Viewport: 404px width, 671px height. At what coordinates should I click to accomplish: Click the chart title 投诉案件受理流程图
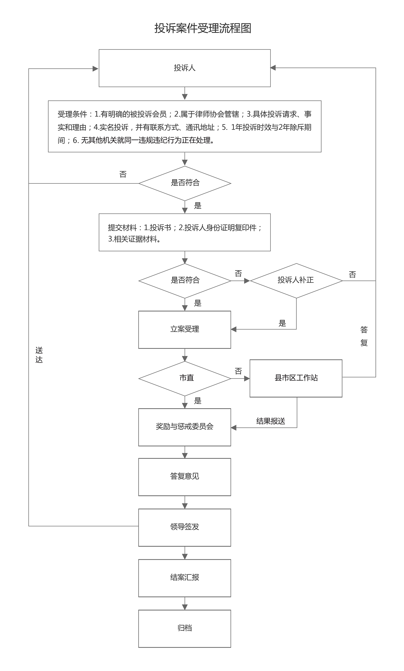(203, 28)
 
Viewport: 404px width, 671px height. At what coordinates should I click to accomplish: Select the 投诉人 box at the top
(185, 68)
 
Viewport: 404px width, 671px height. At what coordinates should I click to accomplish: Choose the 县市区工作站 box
(296, 378)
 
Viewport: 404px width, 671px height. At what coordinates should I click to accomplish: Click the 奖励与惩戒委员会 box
(185, 427)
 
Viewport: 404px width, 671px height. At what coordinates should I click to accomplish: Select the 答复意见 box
(185, 476)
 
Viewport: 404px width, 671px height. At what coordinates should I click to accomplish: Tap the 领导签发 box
(185, 527)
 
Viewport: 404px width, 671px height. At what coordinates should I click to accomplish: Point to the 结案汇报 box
(185, 577)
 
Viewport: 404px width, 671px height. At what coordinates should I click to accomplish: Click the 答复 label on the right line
(364, 336)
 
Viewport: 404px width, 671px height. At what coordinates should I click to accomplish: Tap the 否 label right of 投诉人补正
(352, 275)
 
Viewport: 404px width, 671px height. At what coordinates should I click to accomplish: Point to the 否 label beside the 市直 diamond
(238, 371)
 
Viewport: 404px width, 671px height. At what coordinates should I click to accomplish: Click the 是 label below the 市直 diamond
(198, 401)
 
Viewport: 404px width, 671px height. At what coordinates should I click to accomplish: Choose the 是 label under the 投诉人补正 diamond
(282, 323)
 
